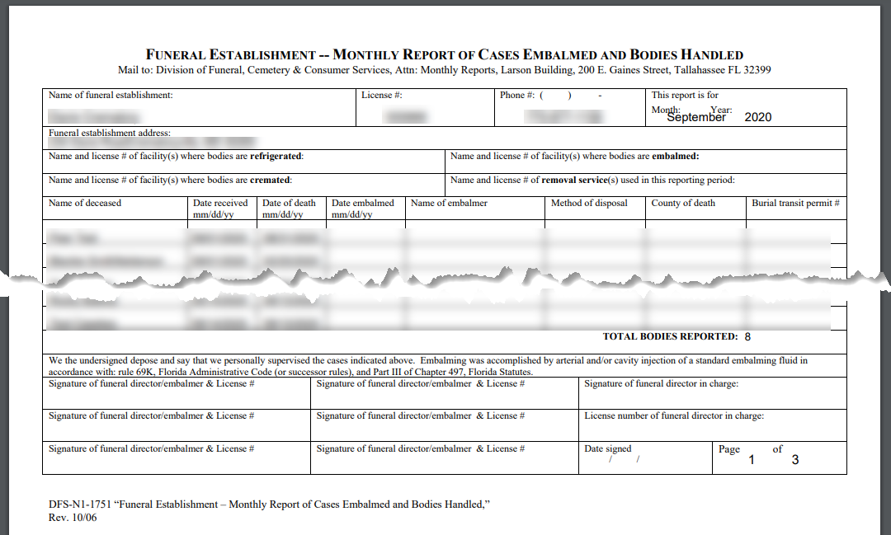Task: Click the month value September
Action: (696, 117)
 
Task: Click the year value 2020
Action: (757, 117)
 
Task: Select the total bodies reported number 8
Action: (747, 336)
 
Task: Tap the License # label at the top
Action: (381, 96)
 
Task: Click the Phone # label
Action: (517, 96)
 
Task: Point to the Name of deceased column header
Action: (85, 203)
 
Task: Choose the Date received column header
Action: (220, 203)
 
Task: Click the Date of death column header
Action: (289, 203)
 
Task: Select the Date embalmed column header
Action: (363, 203)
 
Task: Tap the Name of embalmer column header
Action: (449, 203)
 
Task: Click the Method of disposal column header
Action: (589, 203)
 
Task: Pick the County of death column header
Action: (683, 203)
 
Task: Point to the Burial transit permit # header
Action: (795, 203)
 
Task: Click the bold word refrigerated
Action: (276, 156)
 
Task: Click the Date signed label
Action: (608, 449)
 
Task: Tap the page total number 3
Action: (794, 460)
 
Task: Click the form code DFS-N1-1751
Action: (82, 504)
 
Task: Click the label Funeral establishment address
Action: (110, 133)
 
